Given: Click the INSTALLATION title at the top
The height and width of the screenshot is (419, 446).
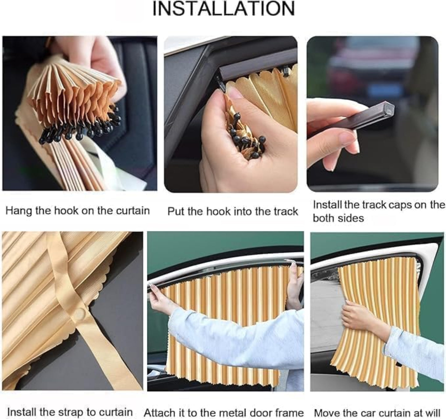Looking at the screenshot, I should point(224,9).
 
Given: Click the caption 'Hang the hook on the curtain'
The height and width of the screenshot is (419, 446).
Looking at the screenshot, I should point(78,211).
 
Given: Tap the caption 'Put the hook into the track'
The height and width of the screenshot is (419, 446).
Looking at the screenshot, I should point(233,212).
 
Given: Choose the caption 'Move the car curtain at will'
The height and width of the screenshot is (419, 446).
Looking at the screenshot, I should point(377,413).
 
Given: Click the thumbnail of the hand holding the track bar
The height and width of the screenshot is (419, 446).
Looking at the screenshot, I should point(372,114).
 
